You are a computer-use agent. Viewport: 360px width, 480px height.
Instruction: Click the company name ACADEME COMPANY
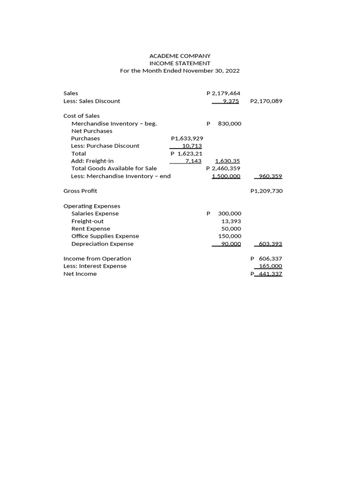point(180,56)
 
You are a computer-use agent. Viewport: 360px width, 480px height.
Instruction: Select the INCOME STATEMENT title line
point(180,63)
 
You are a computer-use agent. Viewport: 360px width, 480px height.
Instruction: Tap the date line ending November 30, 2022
point(180,71)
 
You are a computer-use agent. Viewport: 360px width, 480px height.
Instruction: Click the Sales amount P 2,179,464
point(223,93)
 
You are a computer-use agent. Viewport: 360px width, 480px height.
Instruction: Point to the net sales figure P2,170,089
point(266,101)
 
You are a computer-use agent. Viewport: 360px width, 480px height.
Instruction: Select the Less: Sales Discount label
point(92,101)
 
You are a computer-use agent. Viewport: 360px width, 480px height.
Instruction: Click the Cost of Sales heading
point(82,116)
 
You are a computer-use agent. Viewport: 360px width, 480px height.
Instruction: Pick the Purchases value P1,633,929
point(187,138)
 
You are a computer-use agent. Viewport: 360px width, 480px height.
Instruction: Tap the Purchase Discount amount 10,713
point(192,146)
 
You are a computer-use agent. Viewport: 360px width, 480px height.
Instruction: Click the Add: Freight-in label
point(92,161)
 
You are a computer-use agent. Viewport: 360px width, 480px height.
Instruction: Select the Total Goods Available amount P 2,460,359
point(223,168)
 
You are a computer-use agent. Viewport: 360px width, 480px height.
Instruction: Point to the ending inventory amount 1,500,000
point(226,176)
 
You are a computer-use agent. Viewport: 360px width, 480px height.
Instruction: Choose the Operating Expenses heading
point(92,206)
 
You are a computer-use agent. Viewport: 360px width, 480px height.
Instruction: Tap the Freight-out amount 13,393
point(231,221)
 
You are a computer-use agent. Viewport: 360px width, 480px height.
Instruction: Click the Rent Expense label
point(90,228)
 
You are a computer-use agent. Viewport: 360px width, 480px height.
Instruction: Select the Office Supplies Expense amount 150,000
point(230,236)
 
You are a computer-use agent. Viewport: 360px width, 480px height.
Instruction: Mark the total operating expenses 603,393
point(270,244)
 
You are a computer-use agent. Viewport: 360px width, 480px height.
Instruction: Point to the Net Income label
point(80,274)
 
